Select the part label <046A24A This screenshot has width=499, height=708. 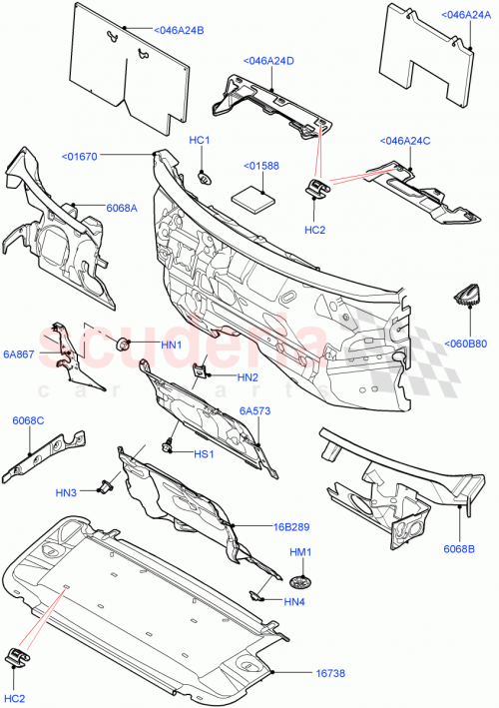click(x=466, y=15)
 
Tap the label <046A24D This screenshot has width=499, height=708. click(x=267, y=62)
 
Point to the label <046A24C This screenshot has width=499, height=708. click(x=404, y=141)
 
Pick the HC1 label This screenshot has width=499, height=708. click(x=200, y=141)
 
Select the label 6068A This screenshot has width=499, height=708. click(x=123, y=207)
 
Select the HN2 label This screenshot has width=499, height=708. click(x=249, y=376)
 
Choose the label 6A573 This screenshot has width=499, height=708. click(x=254, y=410)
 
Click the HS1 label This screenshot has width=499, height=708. click(x=205, y=453)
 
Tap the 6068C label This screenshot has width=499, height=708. click(x=28, y=420)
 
